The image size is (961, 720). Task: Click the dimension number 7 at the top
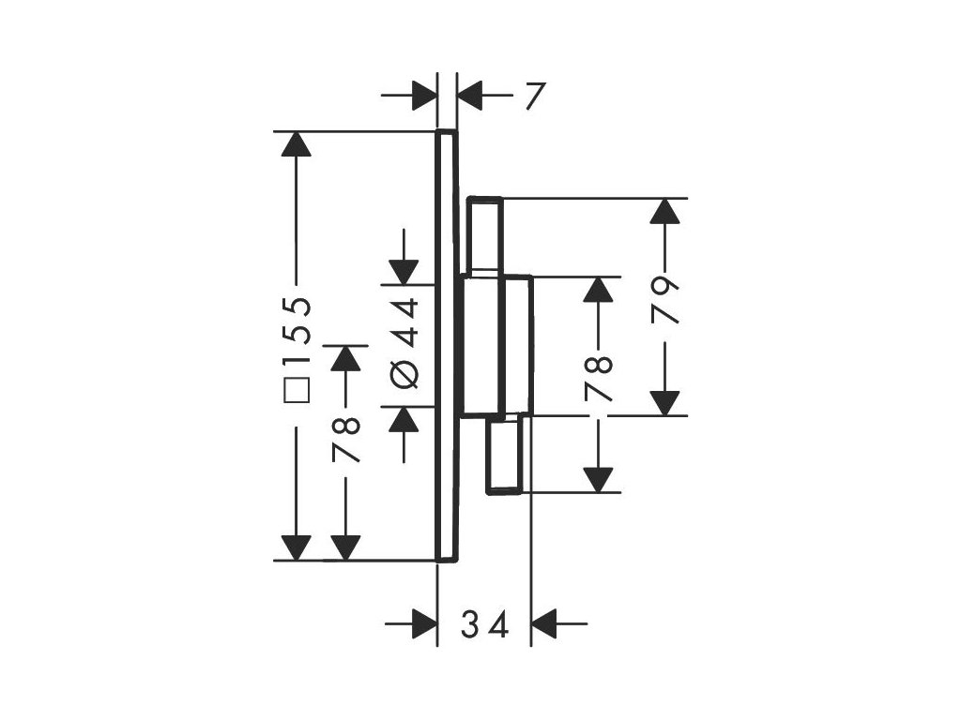click(535, 96)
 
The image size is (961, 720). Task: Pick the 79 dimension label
click(665, 300)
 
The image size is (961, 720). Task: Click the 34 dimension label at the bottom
click(485, 623)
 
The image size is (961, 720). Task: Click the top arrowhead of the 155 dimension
click(297, 144)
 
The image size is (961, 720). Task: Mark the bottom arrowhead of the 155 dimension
click(297, 547)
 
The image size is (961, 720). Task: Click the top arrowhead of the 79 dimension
click(665, 211)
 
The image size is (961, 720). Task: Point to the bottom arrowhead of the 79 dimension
click(665, 402)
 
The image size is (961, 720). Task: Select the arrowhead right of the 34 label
click(544, 622)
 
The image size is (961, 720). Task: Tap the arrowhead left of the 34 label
click(425, 622)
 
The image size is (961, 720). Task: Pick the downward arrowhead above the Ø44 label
click(404, 270)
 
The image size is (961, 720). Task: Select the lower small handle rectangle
click(505, 455)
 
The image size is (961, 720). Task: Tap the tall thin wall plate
click(447, 347)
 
